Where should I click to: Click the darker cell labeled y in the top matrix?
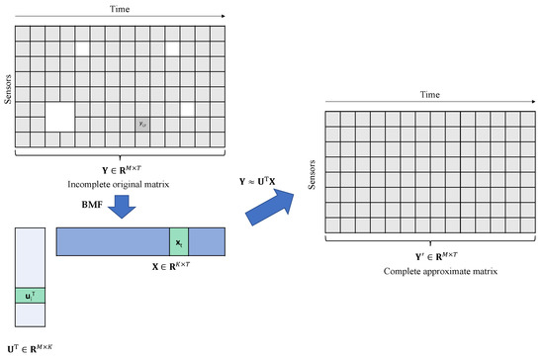pyautogui.click(x=143, y=125)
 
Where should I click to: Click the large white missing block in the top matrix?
pyautogui.click(x=59, y=117)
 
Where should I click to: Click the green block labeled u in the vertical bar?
pyautogui.click(x=31, y=296)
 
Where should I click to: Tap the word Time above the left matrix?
pyautogui.click(x=120, y=6)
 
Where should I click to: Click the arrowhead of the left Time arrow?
pyautogui.click(x=226, y=16)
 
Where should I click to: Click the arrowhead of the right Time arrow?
pyautogui.click(x=522, y=103)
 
